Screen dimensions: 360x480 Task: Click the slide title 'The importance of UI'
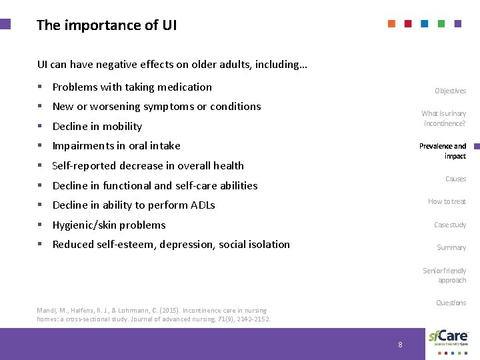click(x=107, y=25)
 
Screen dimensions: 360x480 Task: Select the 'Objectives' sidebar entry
click(x=450, y=91)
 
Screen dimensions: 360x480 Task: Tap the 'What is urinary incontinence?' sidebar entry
click(x=443, y=119)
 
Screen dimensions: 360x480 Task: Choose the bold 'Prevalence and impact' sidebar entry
click(x=443, y=151)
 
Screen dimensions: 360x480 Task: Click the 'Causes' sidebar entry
click(x=455, y=179)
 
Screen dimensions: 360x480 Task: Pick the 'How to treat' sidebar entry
click(x=447, y=201)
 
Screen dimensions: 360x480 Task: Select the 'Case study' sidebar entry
click(x=450, y=225)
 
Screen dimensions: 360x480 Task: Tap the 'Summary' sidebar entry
click(x=451, y=247)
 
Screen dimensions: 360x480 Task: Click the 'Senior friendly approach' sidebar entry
click(x=445, y=275)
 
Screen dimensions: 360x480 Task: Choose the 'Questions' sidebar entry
click(x=451, y=303)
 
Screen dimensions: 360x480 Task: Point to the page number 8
click(x=400, y=345)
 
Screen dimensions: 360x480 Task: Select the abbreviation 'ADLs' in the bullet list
click(x=201, y=205)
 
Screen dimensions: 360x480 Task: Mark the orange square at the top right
click(x=392, y=23)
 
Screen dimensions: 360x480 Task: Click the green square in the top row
click(x=441, y=23)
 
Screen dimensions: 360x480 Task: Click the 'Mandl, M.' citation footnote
click(x=153, y=315)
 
